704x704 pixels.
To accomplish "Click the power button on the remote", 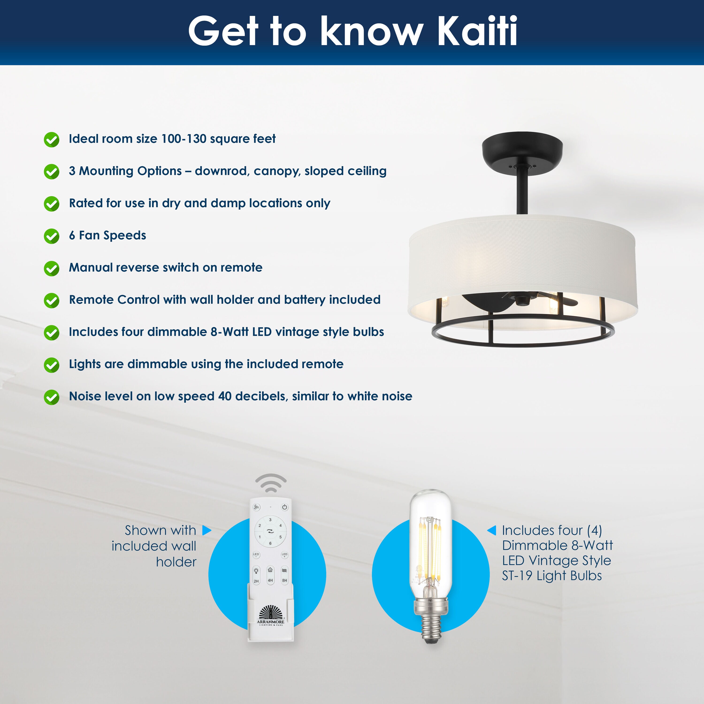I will point(285,507).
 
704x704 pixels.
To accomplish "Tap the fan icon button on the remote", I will point(256,507).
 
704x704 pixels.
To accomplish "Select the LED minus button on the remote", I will point(256,555).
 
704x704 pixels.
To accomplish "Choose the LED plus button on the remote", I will point(285,555).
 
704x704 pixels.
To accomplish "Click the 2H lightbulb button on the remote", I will point(256,576).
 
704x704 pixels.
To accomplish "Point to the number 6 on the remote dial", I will point(270,543).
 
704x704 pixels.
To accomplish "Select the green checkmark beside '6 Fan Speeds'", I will point(52,236).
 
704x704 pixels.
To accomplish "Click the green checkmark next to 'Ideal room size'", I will point(52,140).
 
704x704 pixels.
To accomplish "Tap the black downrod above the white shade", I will point(522,191).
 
